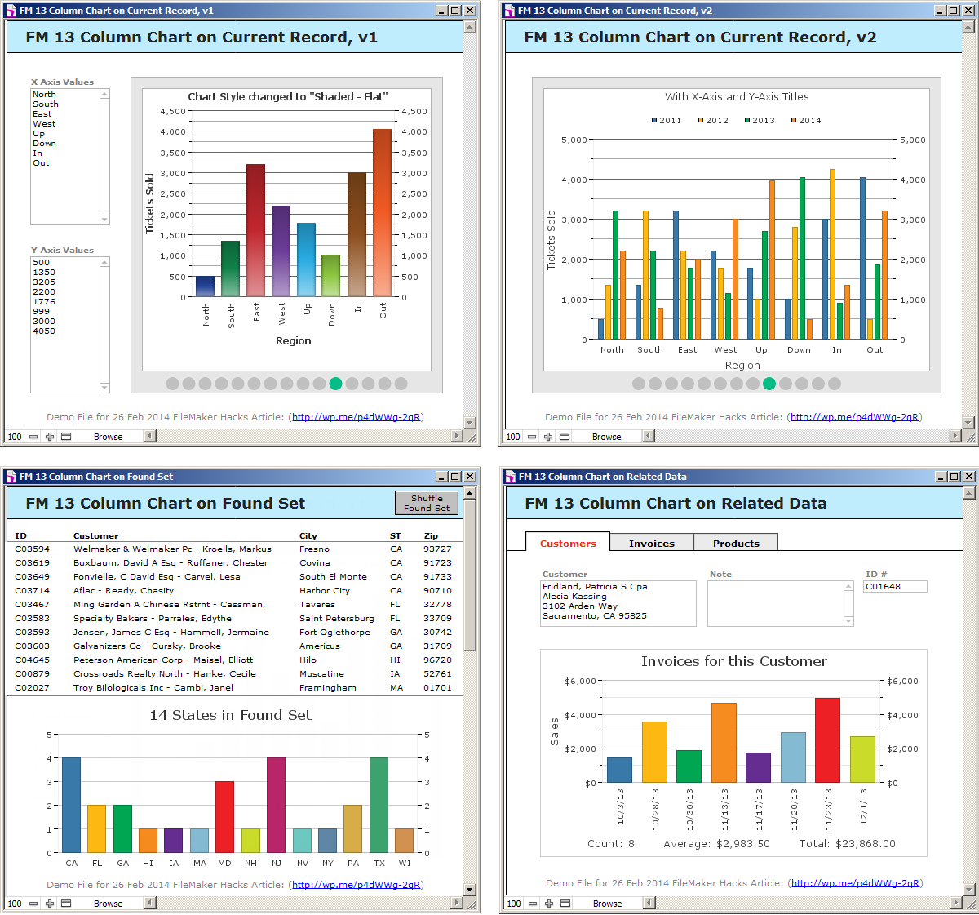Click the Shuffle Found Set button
[427, 503]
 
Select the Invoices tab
[651, 543]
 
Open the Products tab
[736, 543]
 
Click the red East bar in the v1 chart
[255, 230]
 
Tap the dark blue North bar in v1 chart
[206, 286]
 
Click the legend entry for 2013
[760, 120]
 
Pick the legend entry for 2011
[667, 120]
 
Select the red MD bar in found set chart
[224, 817]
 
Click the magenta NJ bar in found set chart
[276, 805]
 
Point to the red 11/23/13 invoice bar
[827, 740]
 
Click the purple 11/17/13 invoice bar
[758, 767]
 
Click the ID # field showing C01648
[895, 586]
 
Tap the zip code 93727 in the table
[437, 549]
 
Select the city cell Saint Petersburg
[336, 618]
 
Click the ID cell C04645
[32, 660]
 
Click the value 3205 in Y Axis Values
[44, 282]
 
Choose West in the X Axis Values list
[44, 123]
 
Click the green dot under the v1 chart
[335, 384]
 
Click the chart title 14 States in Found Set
[230, 715]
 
